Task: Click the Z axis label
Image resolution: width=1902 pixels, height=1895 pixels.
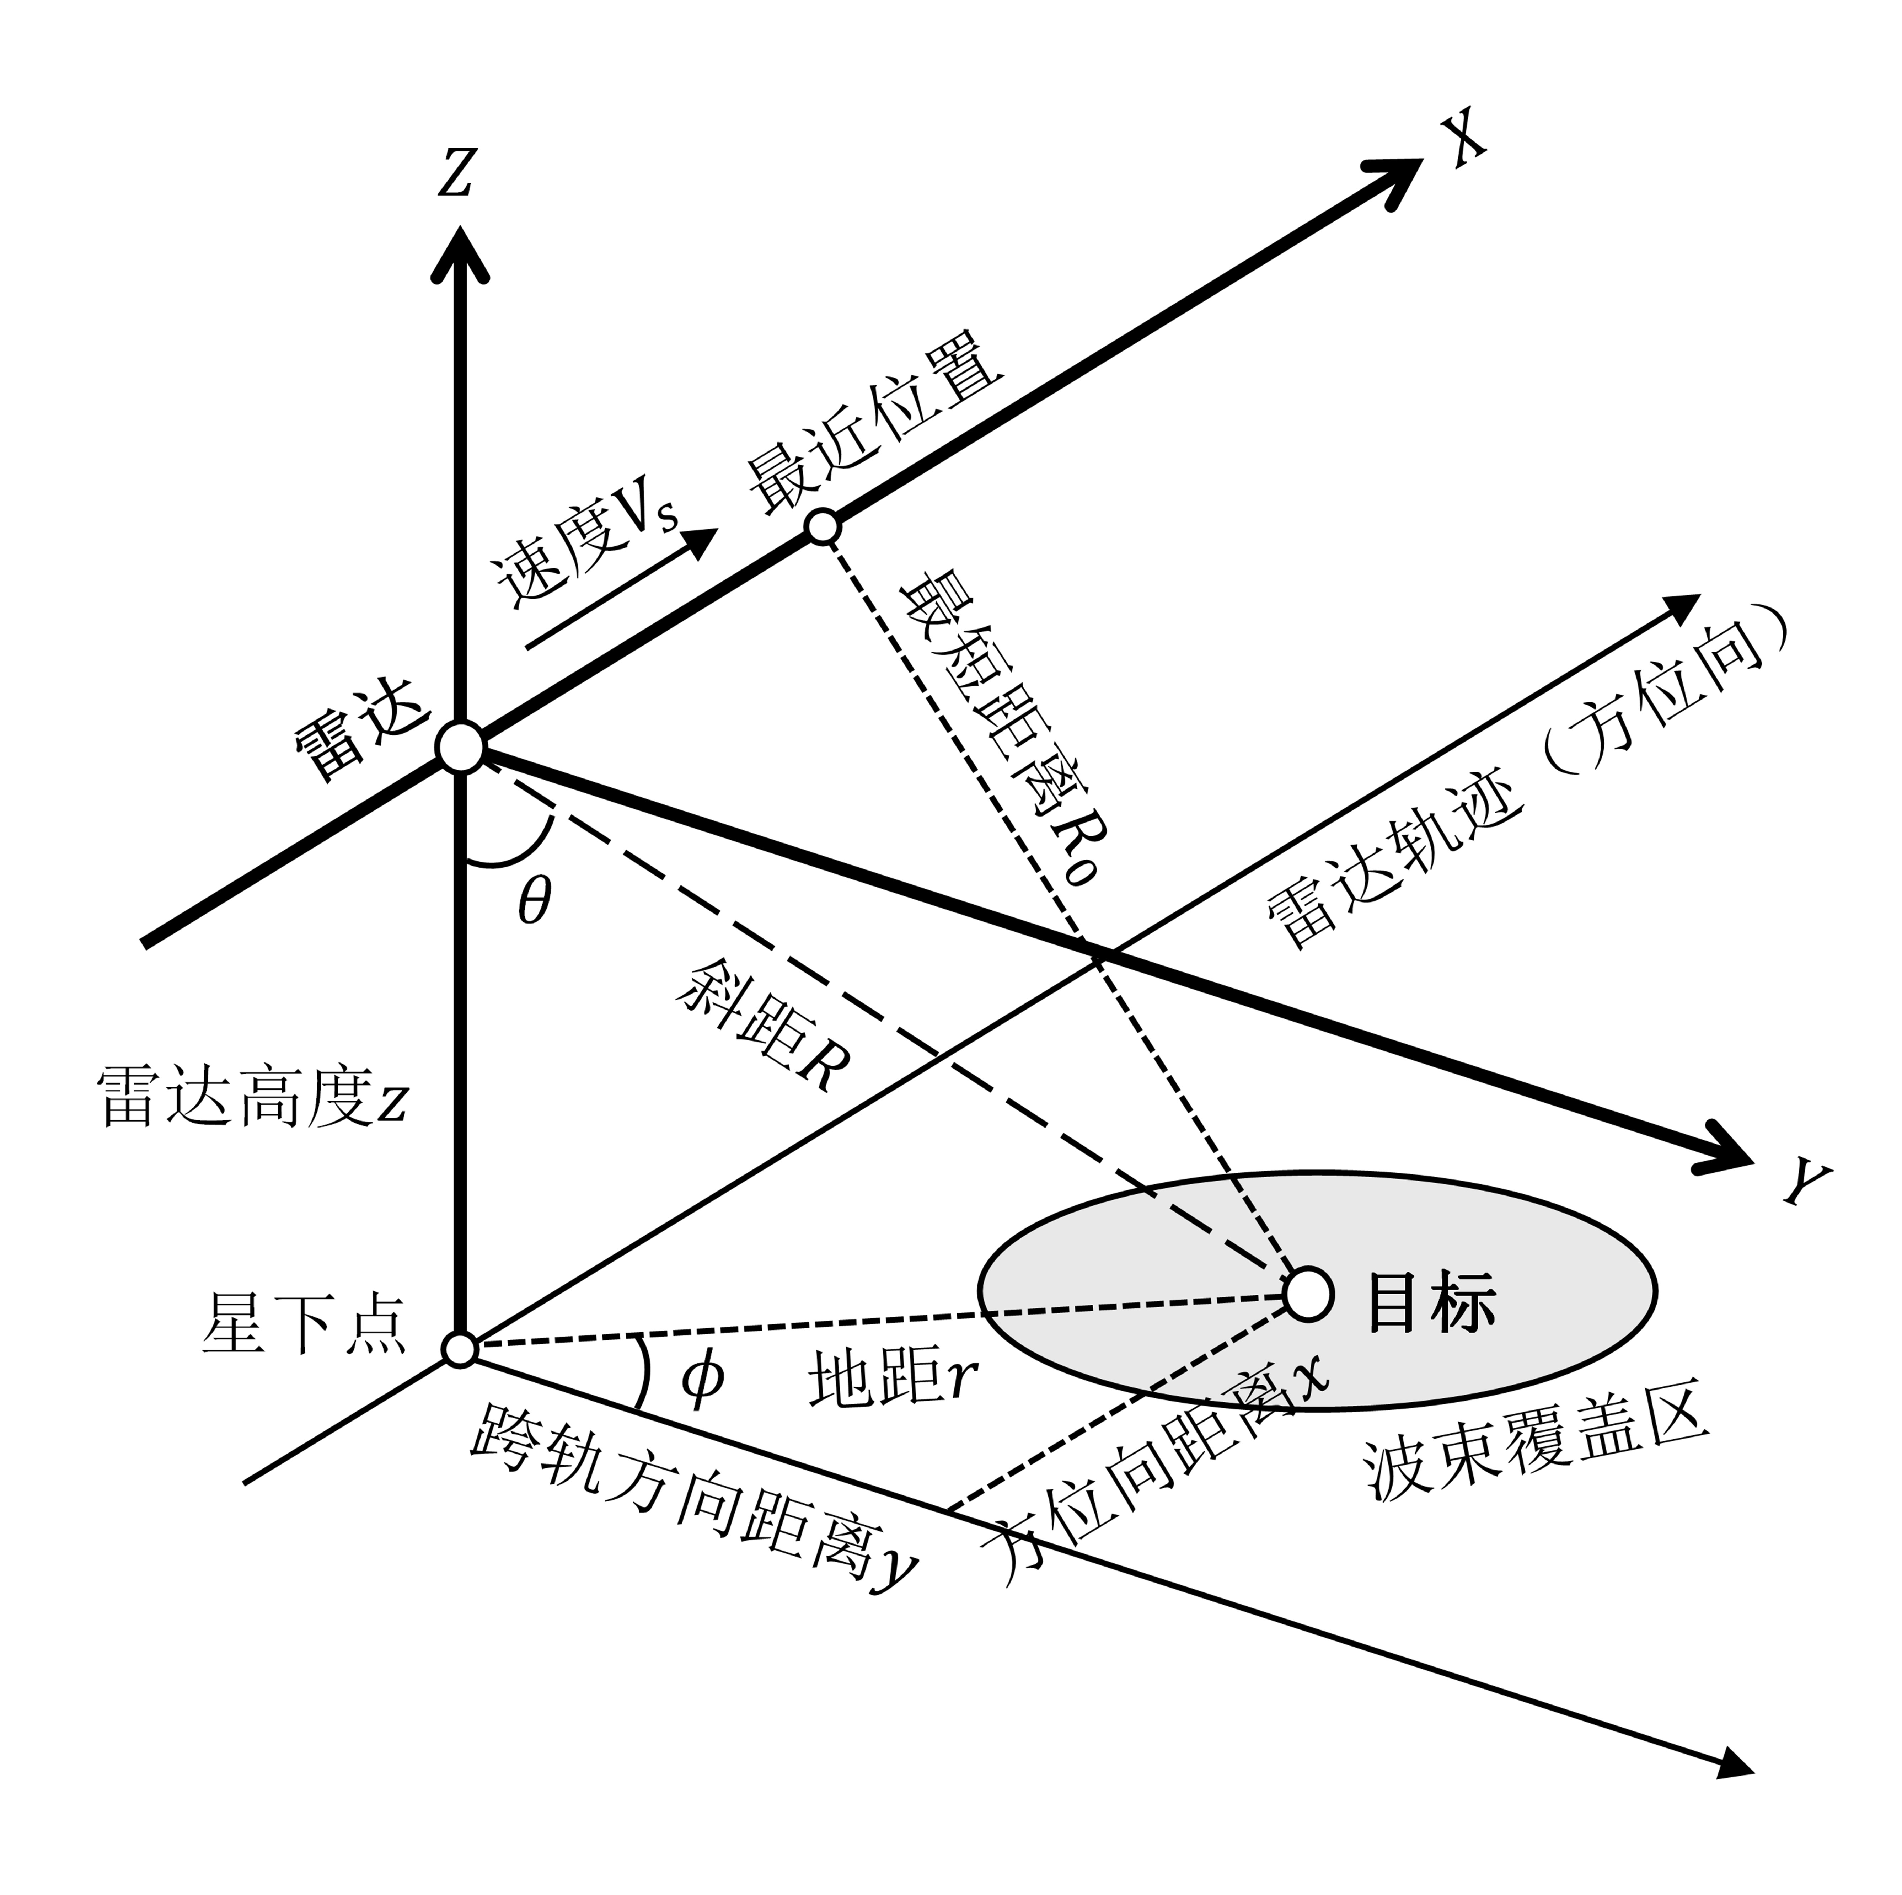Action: (456, 172)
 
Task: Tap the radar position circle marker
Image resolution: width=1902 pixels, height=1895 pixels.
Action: (460, 748)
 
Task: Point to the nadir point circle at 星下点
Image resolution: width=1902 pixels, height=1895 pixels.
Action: (460, 1349)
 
